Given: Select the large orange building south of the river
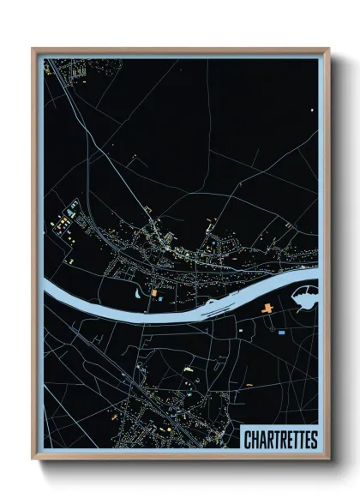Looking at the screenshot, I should pos(267,306).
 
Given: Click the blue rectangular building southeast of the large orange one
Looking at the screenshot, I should pos(281,331).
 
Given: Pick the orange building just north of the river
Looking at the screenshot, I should pos(154,294).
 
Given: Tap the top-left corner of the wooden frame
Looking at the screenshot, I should pos(33,50).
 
